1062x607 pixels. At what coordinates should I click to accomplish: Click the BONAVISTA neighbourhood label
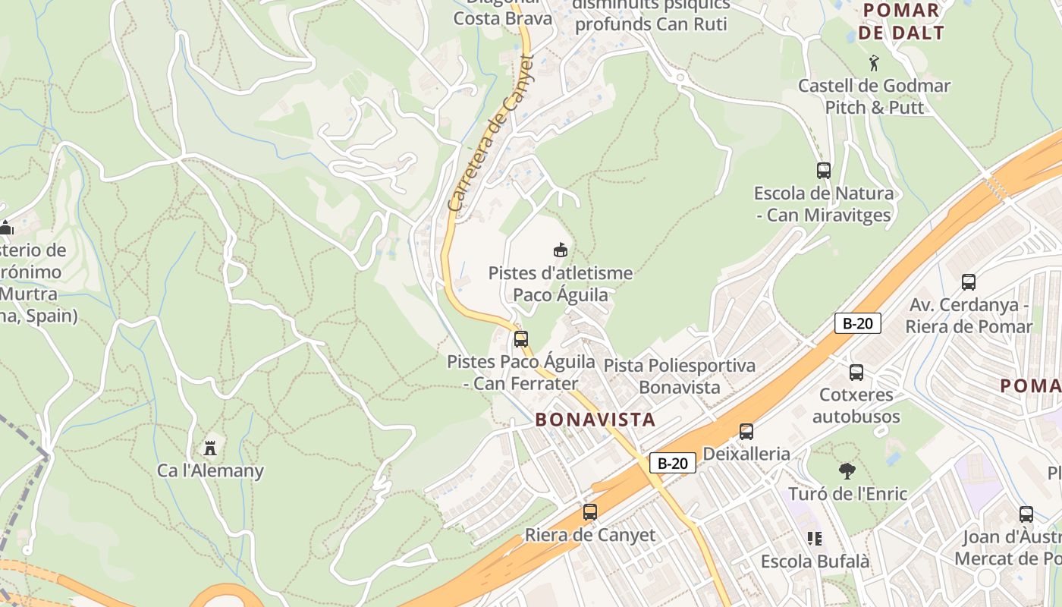click(595, 420)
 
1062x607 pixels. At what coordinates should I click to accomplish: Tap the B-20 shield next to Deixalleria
click(672, 463)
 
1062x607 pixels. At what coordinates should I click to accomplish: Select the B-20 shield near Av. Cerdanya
click(857, 323)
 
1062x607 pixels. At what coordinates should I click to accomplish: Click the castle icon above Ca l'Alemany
click(211, 448)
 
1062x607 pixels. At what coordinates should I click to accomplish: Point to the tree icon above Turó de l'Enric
click(847, 471)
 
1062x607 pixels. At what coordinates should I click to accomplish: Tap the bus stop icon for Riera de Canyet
click(590, 512)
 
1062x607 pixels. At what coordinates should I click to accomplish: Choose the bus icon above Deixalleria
click(746, 432)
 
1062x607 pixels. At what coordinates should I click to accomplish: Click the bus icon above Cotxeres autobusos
click(856, 373)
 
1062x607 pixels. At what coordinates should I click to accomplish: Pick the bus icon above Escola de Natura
click(824, 171)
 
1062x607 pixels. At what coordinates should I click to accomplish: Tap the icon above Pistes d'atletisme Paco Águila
click(561, 250)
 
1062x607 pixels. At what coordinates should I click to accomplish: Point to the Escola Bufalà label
click(815, 562)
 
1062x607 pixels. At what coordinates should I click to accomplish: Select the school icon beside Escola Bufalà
click(815, 539)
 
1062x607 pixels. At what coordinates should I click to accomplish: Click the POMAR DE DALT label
click(901, 21)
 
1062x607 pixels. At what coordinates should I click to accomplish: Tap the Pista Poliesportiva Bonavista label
click(680, 376)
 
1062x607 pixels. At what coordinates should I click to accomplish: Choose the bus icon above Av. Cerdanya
click(969, 282)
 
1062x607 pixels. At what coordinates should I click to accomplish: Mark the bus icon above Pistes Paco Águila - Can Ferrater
click(520, 339)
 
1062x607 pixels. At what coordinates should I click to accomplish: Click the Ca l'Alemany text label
click(211, 470)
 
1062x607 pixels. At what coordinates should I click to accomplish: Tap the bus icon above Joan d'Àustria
click(1026, 514)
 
